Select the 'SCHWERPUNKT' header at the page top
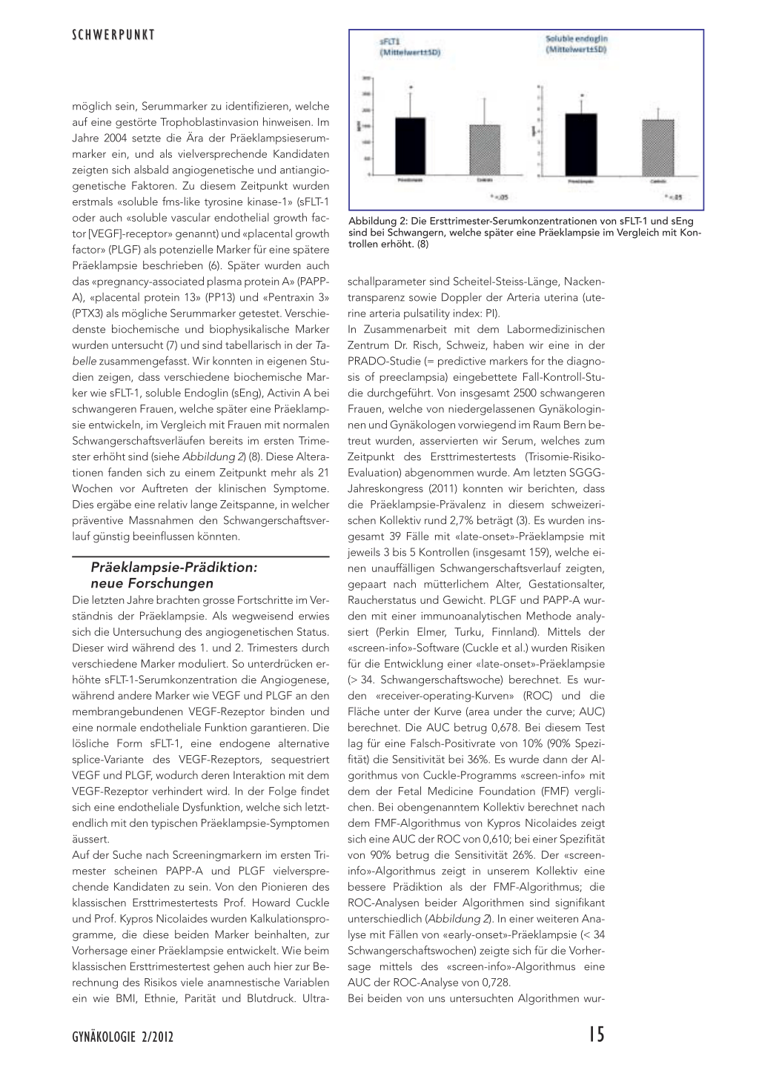point(113,35)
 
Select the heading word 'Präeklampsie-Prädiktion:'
point(173,567)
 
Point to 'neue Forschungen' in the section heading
point(151,583)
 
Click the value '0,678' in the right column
point(440,728)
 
